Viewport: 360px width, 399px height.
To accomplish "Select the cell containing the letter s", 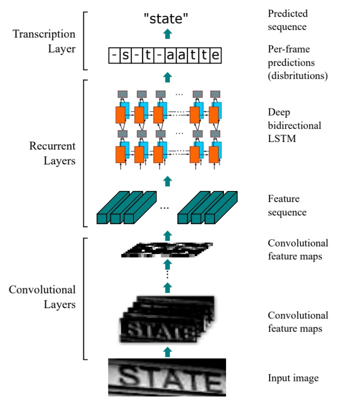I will tap(125, 55).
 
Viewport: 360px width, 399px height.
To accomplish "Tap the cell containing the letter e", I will tap(215, 55).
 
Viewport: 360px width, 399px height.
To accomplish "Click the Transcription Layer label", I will tap(44, 41).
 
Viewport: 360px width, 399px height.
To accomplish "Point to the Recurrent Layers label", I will tap(52, 154).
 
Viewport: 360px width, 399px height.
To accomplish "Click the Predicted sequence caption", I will tap(288, 19).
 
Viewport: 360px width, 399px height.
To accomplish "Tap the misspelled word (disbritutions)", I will tap(298, 76).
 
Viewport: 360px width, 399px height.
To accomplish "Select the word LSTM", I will tap(281, 138).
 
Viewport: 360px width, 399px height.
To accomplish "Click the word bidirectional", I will tap(294, 125).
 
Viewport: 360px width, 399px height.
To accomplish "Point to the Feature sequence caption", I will tap(287, 205).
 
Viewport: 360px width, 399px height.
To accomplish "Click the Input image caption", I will tap(293, 377).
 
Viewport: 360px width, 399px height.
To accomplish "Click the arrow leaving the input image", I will tap(168, 350).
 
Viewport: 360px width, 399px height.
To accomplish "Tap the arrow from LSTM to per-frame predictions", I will tap(168, 76).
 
